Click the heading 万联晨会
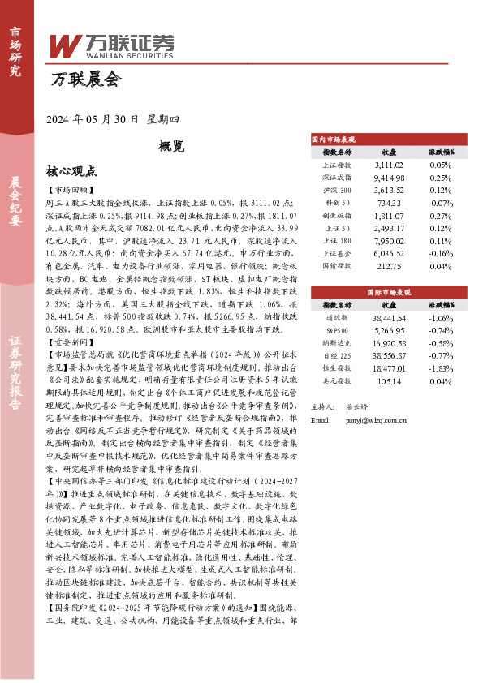pyautogui.click(x=85, y=79)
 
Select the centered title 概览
pyautogui.click(x=170, y=146)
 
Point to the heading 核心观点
pyautogui.click(x=71, y=171)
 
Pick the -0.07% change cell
pyautogui.click(x=441, y=202)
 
